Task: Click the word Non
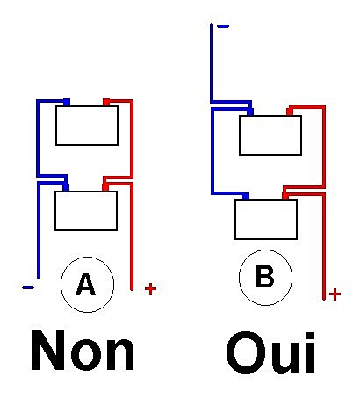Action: (83, 350)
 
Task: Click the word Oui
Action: (271, 352)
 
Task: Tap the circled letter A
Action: (87, 285)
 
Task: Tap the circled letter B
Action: (265, 278)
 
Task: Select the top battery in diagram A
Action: (87, 126)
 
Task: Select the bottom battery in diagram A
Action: (86, 211)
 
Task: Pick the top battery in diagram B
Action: (270, 135)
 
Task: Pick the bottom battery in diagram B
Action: (266, 220)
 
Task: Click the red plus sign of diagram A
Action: (150, 289)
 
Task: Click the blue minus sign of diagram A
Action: (28, 287)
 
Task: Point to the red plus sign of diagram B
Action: (335, 294)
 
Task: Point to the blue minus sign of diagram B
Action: (223, 26)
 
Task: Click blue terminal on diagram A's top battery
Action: (67, 102)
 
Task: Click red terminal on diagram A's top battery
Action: (106, 102)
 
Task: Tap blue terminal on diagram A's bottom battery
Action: (66, 187)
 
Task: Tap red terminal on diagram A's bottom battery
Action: (105, 187)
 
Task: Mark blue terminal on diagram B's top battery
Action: (250, 112)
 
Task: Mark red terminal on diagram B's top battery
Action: (290, 112)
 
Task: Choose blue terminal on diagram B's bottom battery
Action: (246, 197)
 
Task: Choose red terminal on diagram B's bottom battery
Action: (285, 197)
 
